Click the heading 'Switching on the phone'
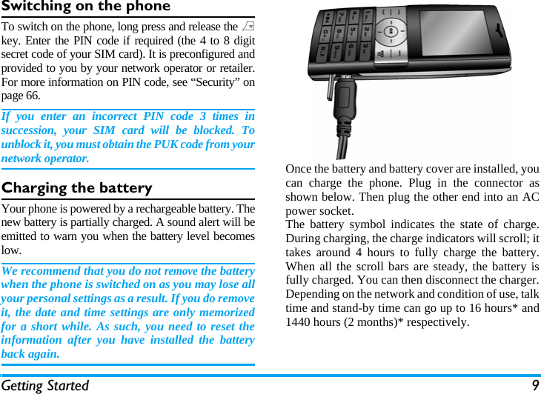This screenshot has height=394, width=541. coord(86,7)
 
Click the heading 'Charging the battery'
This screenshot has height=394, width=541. coord(77,187)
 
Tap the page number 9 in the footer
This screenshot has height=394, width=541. coord(534,386)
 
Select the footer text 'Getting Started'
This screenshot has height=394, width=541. coord(45,386)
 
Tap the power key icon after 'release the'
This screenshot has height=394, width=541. coord(249,27)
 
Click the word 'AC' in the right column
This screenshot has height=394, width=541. coord(531,196)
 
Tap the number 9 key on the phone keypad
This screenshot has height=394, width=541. coord(338,53)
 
